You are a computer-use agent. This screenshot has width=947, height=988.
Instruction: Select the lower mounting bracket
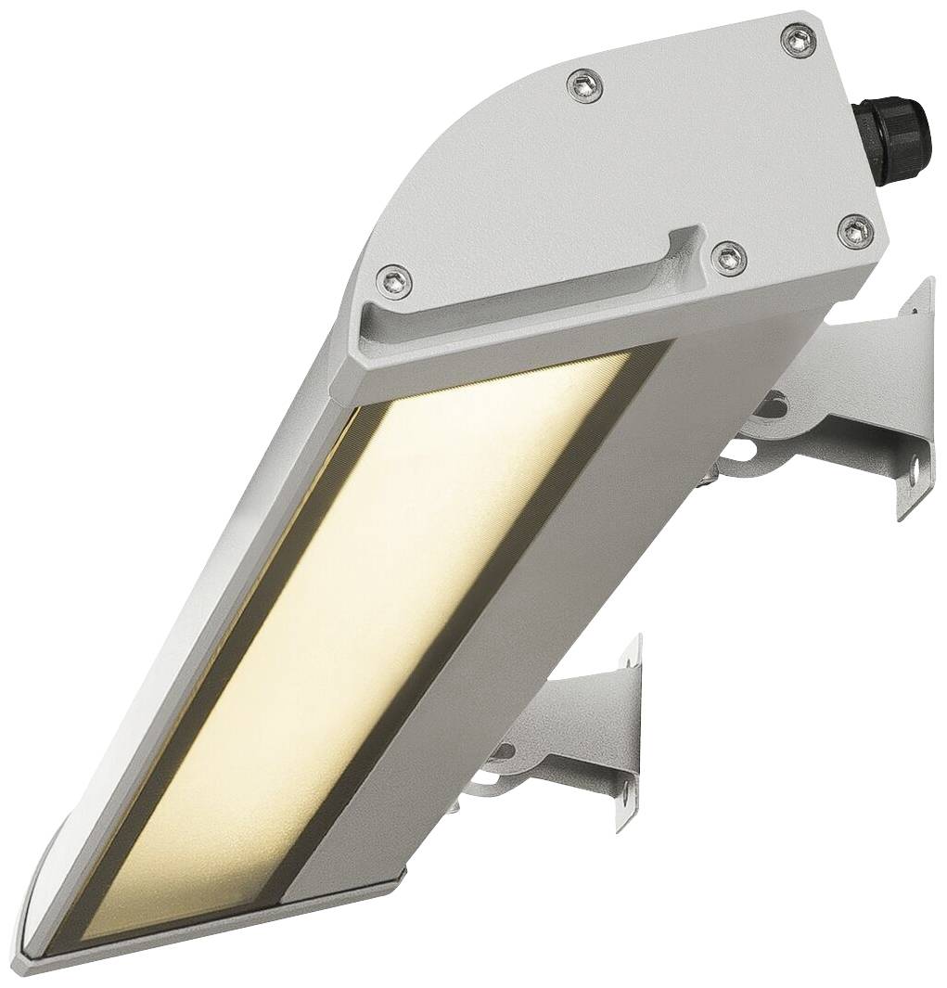[575, 733]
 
